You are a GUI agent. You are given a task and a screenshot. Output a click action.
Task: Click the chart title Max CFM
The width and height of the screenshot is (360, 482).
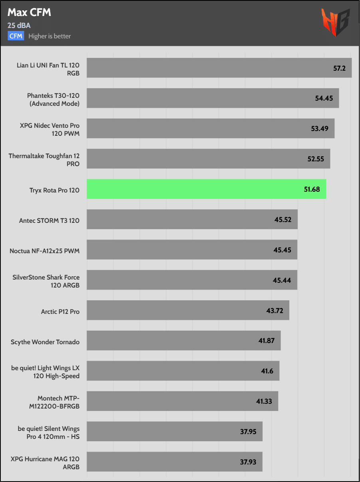pos(29,13)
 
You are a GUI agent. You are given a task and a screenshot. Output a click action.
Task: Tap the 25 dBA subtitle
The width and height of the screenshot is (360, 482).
pos(19,26)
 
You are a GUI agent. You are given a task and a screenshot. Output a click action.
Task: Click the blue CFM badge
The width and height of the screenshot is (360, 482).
pos(16,36)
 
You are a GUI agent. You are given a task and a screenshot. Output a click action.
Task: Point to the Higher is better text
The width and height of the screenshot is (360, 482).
pos(49,36)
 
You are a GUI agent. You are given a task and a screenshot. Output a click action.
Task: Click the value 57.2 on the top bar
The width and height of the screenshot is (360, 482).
pos(339,68)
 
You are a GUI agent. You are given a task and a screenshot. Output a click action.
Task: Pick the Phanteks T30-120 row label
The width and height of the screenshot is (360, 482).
pos(53,99)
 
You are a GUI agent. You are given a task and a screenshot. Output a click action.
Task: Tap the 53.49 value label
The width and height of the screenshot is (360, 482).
pos(320,129)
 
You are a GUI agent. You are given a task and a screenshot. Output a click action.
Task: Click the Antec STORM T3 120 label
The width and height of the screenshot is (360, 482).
pos(49,220)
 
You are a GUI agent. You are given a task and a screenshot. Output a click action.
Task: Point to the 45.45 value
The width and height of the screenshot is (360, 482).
pos(282,250)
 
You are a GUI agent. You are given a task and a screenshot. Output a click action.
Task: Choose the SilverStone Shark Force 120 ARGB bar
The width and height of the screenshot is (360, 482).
pos(192,280)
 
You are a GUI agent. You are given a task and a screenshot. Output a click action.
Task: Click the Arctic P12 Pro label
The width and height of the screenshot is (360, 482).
pos(60,311)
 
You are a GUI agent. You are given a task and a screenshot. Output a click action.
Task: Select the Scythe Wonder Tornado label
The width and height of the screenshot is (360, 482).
pos(45,342)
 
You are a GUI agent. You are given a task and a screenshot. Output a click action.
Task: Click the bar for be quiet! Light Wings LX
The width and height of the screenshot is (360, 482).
pos(183,371)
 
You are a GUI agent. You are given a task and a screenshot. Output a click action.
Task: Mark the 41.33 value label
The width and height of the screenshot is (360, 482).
pos(264,401)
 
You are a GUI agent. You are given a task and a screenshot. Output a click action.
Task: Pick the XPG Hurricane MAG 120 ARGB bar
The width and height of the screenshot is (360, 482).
pos(174,462)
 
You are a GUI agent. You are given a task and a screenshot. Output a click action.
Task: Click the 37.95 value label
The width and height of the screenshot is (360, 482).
pos(248,432)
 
